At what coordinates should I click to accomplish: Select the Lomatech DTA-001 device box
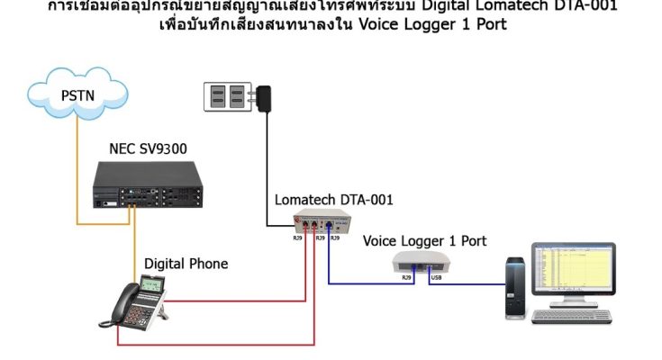tap(320, 226)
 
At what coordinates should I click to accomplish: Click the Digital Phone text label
tap(186, 264)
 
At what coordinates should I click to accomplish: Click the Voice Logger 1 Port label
tap(424, 241)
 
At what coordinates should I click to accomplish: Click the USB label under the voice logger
tap(436, 277)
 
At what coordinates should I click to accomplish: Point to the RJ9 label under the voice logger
tap(406, 277)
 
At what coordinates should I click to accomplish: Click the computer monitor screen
tap(572, 271)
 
